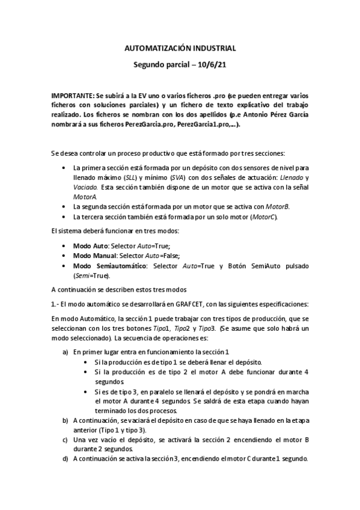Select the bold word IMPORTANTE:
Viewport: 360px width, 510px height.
coord(72,96)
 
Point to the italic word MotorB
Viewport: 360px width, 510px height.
coord(277,206)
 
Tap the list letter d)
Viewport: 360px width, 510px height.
coord(66,458)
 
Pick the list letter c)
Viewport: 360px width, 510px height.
coord(66,440)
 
